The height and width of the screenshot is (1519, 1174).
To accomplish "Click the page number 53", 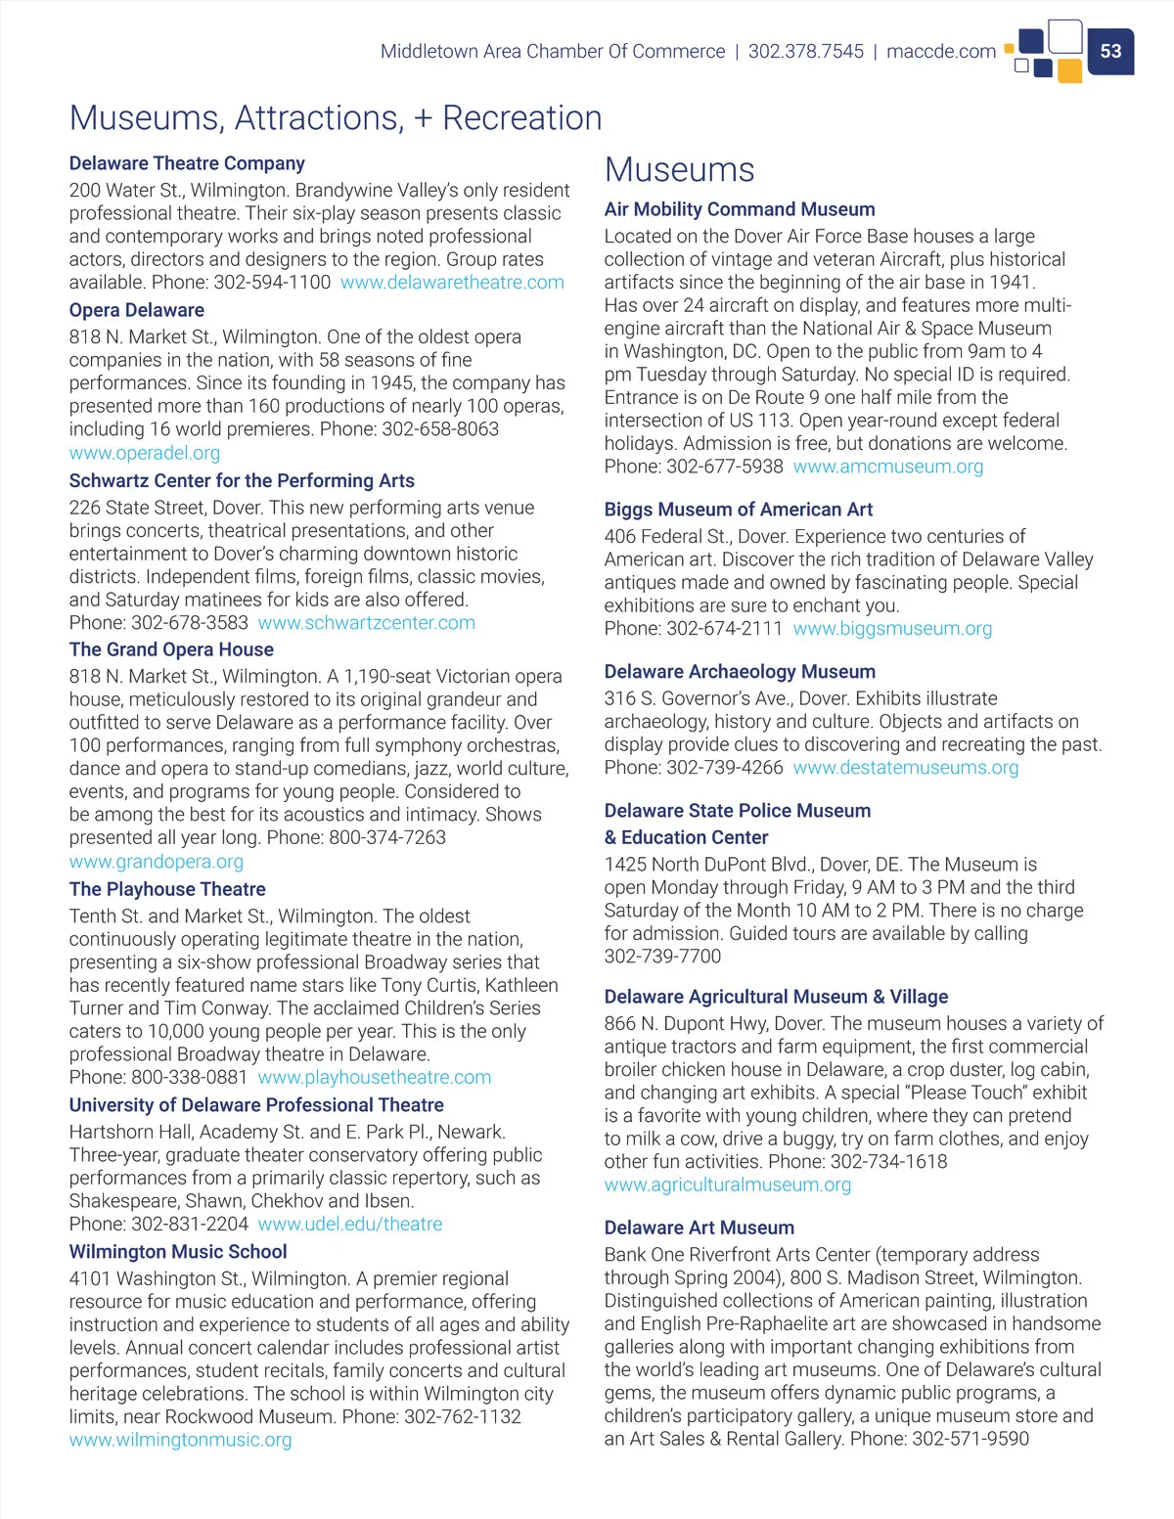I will (1110, 51).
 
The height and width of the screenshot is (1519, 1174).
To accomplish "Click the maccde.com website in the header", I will (940, 51).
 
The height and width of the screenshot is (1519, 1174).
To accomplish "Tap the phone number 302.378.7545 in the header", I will (805, 51).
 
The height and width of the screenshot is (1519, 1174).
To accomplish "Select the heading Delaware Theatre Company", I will (187, 163).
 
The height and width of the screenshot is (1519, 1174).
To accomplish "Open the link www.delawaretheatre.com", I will (452, 283).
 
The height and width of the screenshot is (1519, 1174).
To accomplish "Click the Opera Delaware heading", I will (136, 310).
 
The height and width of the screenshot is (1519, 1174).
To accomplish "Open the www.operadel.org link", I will (145, 453).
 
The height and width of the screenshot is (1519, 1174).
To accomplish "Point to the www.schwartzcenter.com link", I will (366, 623).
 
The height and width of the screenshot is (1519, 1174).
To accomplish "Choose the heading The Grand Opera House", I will (171, 649).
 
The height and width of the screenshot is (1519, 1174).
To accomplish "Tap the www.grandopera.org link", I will (157, 862).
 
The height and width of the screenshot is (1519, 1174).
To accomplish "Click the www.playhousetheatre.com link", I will (374, 1077).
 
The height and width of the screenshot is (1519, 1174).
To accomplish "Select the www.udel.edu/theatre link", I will (349, 1224).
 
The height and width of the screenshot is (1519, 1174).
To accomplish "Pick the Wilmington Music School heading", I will (178, 1251).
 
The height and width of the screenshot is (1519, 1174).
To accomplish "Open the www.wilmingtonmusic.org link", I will (180, 1440).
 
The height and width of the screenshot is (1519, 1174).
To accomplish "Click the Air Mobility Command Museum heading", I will (740, 209).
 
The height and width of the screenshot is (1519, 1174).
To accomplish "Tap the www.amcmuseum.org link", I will (887, 467).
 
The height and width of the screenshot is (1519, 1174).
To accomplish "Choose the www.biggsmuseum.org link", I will (891, 628).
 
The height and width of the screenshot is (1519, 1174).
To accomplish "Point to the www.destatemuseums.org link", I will (905, 768).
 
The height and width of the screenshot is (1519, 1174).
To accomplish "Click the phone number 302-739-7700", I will (662, 957).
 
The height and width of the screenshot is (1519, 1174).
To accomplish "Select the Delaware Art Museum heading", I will (699, 1228).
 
